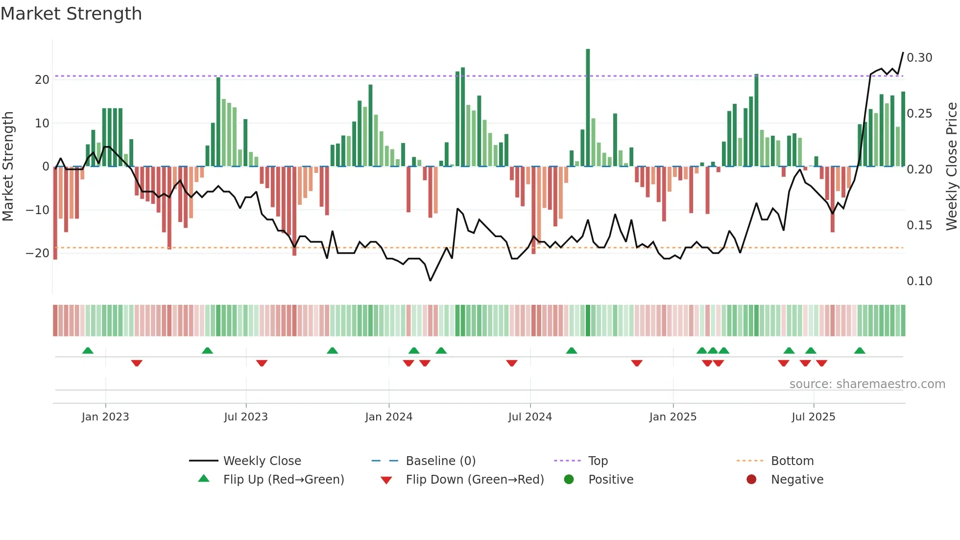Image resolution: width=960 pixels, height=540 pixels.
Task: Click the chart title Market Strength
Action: tap(71, 14)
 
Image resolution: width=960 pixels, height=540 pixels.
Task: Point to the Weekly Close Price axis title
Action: tap(951, 166)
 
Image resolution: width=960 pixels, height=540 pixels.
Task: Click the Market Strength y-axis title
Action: tap(8, 166)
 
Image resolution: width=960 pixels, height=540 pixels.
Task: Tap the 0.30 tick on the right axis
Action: tap(919, 58)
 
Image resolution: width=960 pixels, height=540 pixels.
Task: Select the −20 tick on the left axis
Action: tap(38, 253)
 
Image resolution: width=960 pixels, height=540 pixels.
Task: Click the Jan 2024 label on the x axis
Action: tap(388, 417)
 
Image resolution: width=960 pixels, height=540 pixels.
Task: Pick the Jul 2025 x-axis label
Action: tap(813, 417)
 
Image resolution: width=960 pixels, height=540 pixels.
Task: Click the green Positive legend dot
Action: tap(569, 479)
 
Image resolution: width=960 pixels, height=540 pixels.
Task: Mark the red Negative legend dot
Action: tap(751, 479)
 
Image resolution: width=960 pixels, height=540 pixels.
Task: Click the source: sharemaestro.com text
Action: tap(867, 384)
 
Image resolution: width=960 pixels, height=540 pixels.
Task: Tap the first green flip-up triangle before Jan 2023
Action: tap(88, 350)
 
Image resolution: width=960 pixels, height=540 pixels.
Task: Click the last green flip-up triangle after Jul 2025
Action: tap(860, 350)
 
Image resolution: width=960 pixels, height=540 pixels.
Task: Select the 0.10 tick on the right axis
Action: tap(919, 281)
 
